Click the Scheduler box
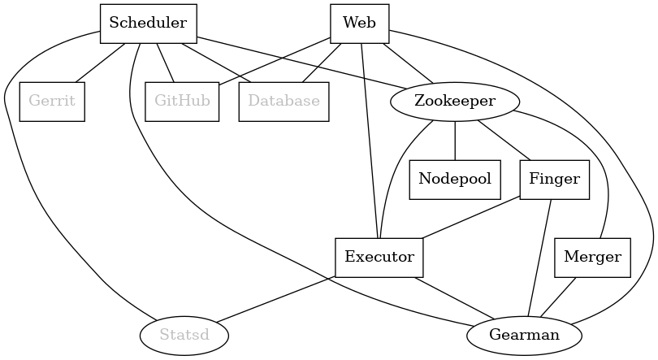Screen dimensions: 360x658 (x=148, y=24)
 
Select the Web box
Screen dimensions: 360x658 (x=359, y=24)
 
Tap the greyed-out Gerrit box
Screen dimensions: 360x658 (x=52, y=102)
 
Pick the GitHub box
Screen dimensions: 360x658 (x=183, y=102)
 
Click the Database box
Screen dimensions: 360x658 (x=284, y=102)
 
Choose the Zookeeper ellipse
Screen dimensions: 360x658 (x=454, y=102)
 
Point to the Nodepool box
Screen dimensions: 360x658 (x=455, y=180)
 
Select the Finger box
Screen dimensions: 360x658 (x=554, y=180)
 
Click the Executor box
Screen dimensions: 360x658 (x=379, y=258)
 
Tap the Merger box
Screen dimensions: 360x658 (x=592, y=258)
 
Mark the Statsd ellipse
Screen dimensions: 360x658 (x=184, y=335)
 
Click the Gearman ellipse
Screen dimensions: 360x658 (x=524, y=335)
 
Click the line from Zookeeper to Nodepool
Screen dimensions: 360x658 (x=455, y=141)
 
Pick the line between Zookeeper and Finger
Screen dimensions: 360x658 (x=504, y=141)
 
